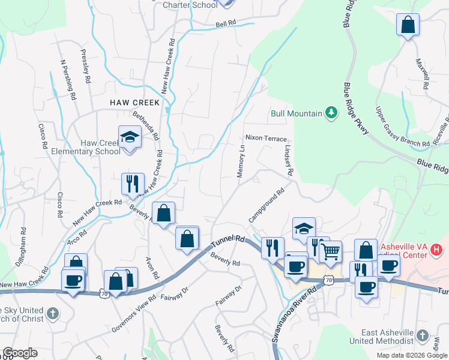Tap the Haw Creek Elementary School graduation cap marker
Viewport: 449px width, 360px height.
tap(129, 137)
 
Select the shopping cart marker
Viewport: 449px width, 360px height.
tap(330, 251)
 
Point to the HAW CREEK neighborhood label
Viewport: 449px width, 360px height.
tap(135, 103)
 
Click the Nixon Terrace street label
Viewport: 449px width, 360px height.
tap(266, 138)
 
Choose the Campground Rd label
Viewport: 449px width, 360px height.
tap(266, 206)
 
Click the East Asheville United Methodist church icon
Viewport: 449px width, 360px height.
tap(423, 335)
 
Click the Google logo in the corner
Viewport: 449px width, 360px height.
tap(20, 353)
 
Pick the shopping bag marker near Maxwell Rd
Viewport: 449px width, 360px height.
tap(408, 25)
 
